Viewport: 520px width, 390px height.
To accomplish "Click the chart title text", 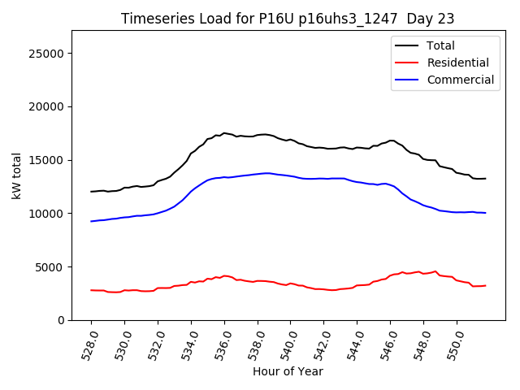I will (x=288, y=19).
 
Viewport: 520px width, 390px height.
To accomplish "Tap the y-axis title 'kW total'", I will (x=17, y=175).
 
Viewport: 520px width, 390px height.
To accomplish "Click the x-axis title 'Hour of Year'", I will (x=288, y=371).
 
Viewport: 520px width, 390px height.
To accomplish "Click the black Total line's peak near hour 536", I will (x=224, y=133).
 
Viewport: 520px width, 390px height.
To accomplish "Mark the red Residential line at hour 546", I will (x=390, y=275).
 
